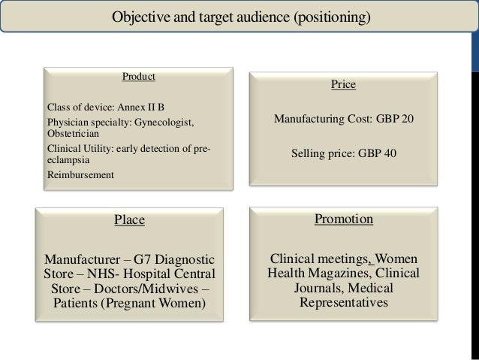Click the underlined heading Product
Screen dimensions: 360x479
(x=139, y=76)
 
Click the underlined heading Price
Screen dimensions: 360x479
(x=343, y=85)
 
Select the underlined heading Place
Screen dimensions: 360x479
(x=129, y=220)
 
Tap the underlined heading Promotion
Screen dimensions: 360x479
(x=343, y=219)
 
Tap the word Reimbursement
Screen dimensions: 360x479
(x=80, y=175)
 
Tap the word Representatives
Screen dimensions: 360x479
(x=343, y=304)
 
